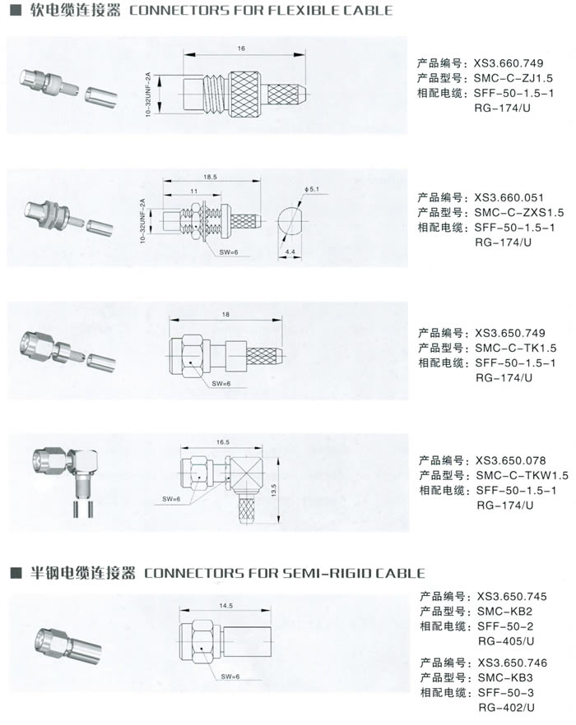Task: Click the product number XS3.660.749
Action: coord(509,63)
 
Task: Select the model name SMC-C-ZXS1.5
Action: coord(519,213)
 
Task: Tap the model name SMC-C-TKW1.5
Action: coord(523,475)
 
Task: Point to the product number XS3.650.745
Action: coord(512,597)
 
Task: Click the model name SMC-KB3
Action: coord(505,678)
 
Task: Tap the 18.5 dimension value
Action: coord(210,177)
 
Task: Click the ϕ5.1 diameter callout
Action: coord(312,189)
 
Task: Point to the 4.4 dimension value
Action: coord(290,252)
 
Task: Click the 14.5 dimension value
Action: coord(226,606)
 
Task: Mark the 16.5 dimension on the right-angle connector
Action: coord(223,442)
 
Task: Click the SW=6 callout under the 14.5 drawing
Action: coord(230,677)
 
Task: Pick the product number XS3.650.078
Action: coord(511,460)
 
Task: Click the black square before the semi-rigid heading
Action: coord(16,574)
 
